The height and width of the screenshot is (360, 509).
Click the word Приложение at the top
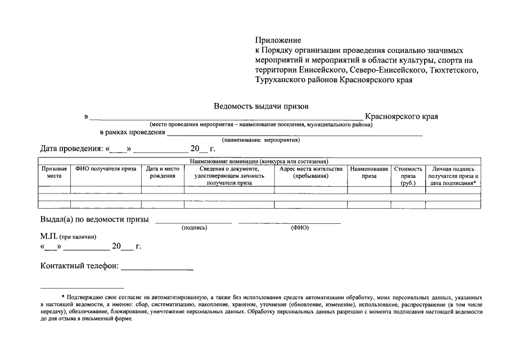pyautogui.click(x=278, y=40)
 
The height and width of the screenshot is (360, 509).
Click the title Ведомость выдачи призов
pyautogui.click(x=261, y=105)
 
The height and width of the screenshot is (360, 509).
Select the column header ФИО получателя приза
pyautogui.click(x=106, y=169)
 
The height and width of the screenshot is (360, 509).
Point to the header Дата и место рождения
pyautogui.click(x=163, y=172)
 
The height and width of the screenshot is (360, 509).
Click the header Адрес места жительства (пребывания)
pyautogui.click(x=311, y=172)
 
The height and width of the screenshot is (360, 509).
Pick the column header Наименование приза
pyautogui.click(x=369, y=172)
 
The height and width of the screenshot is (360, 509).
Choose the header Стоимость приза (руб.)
pyautogui.click(x=408, y=175)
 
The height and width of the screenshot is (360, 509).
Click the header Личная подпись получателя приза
pyautogui.click(x=453, y=175)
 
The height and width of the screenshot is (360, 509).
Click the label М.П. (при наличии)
pyautogui.click(x=64, y=237)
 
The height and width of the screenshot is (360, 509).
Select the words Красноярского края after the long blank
pyautogui.click(x=401, y=116)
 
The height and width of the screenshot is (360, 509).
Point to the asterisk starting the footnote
pyautogui.click(x=63, y=296)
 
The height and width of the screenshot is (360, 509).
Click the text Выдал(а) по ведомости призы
pyautogui.click(x=94, y=219)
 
